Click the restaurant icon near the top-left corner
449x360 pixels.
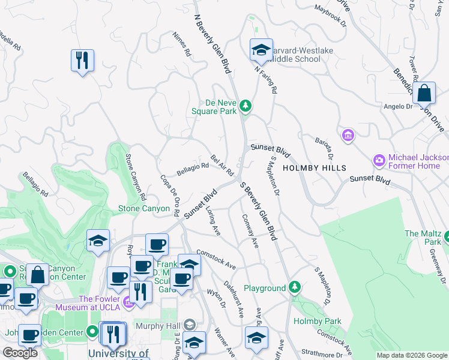82,61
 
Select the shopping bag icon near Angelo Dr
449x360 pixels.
424,93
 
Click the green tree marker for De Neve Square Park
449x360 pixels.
245,106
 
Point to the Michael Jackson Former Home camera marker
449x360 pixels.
379,160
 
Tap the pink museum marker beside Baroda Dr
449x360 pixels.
348,136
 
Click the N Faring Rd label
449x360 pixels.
266,79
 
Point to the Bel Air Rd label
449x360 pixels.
221,165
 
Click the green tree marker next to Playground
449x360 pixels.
294,288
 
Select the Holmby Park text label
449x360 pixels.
317,321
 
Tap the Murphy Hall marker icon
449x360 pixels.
190,325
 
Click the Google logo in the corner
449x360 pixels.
20,352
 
